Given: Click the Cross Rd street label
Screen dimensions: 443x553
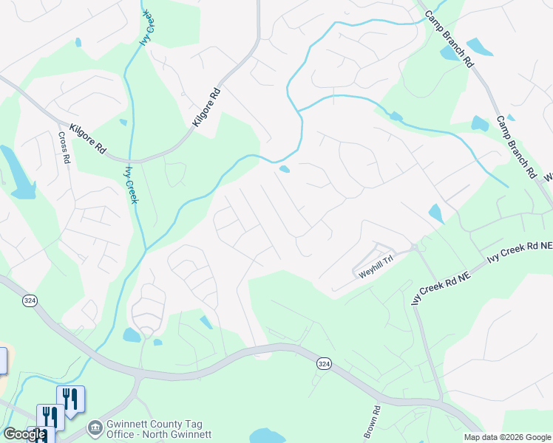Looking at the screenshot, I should [64, 148].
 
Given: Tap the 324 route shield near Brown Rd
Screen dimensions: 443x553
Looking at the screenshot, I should [324, 363].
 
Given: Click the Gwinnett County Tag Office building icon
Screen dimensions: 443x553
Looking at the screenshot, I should [95, 427].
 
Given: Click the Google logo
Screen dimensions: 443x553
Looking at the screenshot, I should [24, 434].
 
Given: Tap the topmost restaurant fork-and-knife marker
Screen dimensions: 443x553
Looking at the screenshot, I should [71, 399].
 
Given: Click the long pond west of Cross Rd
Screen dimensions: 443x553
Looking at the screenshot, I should [18, 174].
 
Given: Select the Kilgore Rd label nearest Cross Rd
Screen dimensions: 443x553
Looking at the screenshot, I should [87, 138].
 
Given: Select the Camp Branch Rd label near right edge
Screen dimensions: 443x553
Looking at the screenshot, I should [515, 148].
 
